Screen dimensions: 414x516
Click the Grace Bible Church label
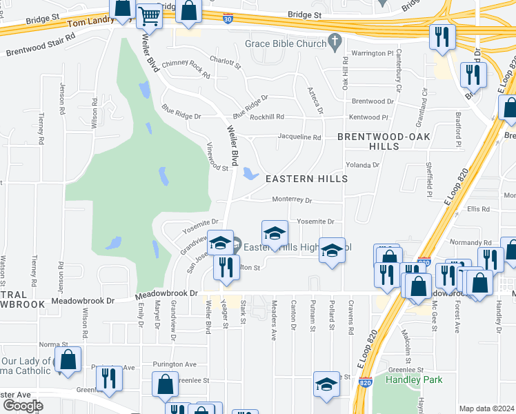pyautogui.click(x=285, y=43)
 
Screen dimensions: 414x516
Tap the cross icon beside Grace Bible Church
pyautogui.click(x=335, y=43)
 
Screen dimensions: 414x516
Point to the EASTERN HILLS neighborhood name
pyautogui.click(x=306, y=179)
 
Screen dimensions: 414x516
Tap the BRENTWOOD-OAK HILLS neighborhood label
pyautogui.click(x=384, y=141)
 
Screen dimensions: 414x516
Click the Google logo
pyautogui.click(x=23, y=406)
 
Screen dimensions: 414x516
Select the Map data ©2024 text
pyautogui.click(x=486, y=408)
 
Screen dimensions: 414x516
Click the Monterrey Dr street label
pyautogui.click(x=292, y=200)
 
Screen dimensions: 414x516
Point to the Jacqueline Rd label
pyautogui.click(x=299, y=137)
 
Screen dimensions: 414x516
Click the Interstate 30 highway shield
pyautogui.click(x=228, y=18)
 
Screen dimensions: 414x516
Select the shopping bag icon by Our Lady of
pyautogui.click(x=68, y=359)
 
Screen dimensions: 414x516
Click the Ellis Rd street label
pyautogui.click(x=477, y=209)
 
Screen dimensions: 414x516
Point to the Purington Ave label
pyautogui.click(x=175, y=364)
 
